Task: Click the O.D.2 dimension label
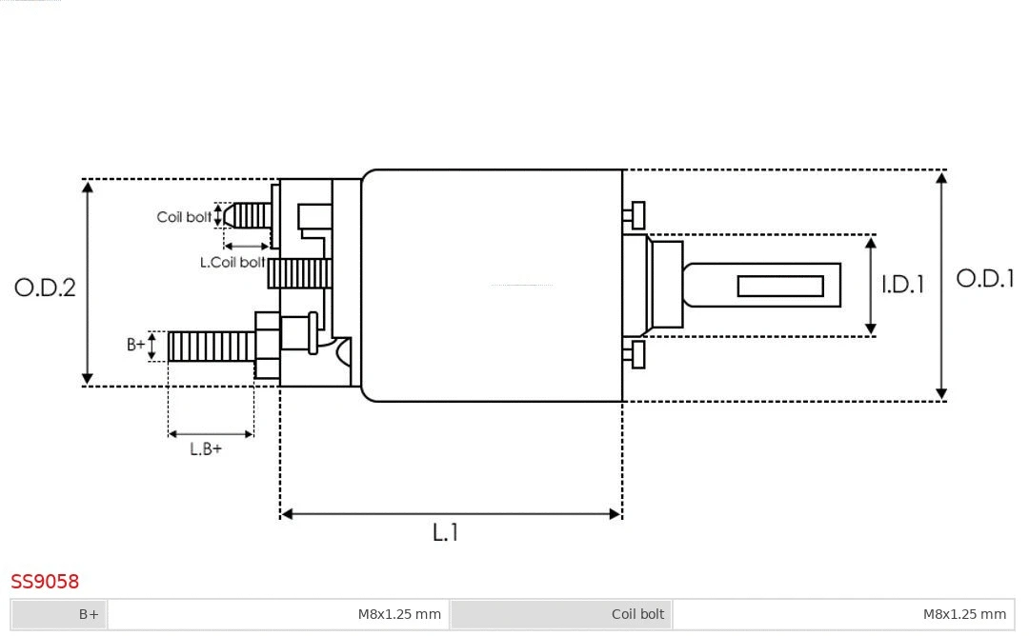(x=45, y=288)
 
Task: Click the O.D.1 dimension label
(x=985, y=279)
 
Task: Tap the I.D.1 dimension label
(x=902, y=285)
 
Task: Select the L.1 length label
(x=446, y=532)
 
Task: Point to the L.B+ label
(x=205, y=449)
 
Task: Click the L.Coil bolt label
(x=232, y=262)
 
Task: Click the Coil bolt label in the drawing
(x=184, y=217)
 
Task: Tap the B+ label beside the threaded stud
(x=136, y=345)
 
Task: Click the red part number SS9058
(x=45, y=581)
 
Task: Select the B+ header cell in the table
(x=59, y=614)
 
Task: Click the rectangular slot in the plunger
(x=780, y=286)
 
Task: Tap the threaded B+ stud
(x=212, y=346)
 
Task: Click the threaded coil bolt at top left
(x=251, y=216)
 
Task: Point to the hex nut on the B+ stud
(x=267, y=345)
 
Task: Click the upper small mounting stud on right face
(x=636, y=215)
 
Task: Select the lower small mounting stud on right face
(x=636, y=354)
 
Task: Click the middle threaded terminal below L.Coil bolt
(x=299, y=274)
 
